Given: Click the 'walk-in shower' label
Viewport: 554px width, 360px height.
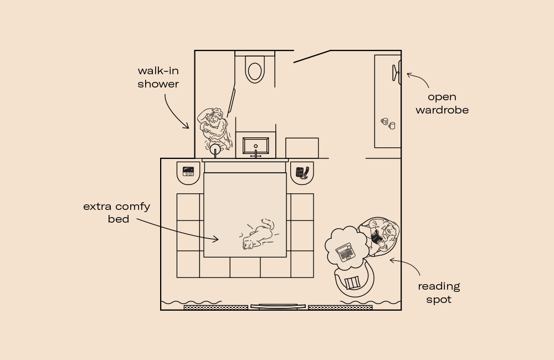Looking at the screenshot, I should pyautogui.click(x=158, y=78).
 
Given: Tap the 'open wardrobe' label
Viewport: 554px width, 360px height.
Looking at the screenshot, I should pyautogui.click(x=442, y=104).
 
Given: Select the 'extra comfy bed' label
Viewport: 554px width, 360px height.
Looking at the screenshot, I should pyautogui.click(x=117, y=213).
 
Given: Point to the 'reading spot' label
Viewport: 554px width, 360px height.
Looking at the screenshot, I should pyautogui.click(x=439, y=292).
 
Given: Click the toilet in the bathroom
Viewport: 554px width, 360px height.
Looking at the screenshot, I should pyautogui.click(x=255, y=70).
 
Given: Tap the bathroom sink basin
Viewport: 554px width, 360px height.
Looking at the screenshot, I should pyautogui.click(x=255, y=146).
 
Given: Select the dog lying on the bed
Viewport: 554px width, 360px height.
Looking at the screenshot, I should pyautogui.click(x=258, y=235).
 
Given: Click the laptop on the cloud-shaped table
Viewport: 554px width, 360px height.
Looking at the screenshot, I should pyautogui.click(x=345, y=252).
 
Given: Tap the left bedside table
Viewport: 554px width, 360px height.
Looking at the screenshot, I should pyautogui.click(x=188, y=172).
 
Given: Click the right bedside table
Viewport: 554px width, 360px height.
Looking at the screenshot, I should pyautogui.click(x=302, y=172).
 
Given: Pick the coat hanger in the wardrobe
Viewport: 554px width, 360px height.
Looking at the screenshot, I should pyautogui.click(x=397, y=74).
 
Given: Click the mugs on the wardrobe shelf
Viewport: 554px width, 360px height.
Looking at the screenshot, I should pyautogui.click(x=388, y=123).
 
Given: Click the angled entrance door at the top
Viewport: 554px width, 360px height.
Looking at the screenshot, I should pyautogui.click(x=312, y=56).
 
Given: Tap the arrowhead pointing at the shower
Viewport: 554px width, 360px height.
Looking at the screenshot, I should pyautogui.click(x=187, y=127).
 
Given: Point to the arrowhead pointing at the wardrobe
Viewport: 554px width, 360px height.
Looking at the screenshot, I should pyautogui.click(x=409, y=74).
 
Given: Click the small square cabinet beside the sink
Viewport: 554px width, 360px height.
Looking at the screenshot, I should pyautogui.click(x=302, y=148).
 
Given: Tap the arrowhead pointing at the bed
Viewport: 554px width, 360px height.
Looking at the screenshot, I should pyautogui.click(x=218, y=239).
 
